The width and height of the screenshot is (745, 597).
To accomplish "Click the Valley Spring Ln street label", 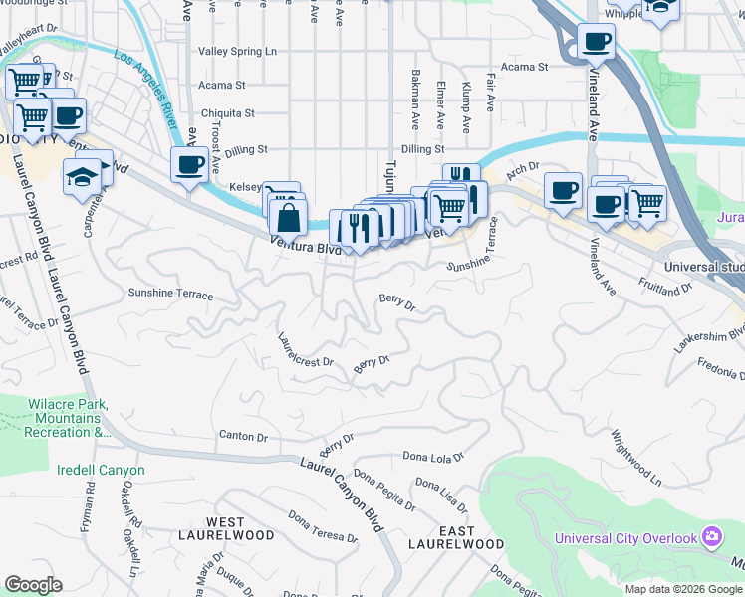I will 237,51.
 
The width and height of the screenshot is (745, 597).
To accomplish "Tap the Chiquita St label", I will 228,113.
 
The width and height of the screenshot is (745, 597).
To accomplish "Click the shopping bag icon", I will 288,215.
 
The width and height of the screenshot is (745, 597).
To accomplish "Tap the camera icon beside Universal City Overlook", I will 712,537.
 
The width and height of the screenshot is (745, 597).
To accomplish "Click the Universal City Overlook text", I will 625,538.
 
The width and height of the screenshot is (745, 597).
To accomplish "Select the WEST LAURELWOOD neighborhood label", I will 240,528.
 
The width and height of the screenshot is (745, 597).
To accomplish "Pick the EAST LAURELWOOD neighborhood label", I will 456,538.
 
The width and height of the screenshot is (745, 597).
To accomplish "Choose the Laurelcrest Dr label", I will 306,350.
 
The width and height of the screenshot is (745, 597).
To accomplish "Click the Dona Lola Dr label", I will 433,457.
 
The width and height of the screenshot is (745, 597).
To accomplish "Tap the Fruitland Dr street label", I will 666,286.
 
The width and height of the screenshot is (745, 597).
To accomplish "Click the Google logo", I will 33,585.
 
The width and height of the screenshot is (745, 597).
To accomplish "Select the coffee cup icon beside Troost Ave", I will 188,165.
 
